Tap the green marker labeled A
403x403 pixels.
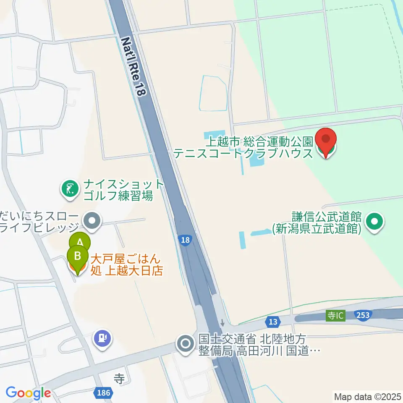(x=80, y=243)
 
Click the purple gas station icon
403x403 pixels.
(x=103, y=338)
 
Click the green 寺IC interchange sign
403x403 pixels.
(x=336, y=315)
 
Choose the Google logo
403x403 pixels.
(x=28, y=393)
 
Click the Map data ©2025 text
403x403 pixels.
(x=367, y=396)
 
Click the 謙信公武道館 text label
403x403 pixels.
(x=316, y=223)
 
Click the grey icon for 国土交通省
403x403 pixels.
(x=185, y=344)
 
